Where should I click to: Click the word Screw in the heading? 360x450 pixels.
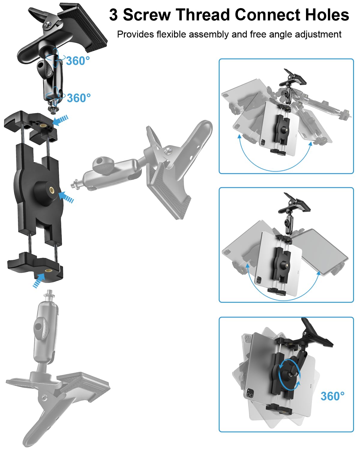coord(147,15)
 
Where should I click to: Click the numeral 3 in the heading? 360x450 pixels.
coord(113,15)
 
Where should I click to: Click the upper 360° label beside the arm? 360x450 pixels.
coord(78,61)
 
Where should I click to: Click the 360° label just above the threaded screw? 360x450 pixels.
coord(79,98)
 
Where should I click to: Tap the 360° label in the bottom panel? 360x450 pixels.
coord(333,396)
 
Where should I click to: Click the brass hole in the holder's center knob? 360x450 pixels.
coord(51,190)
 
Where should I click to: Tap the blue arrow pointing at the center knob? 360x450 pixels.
coord(66,197)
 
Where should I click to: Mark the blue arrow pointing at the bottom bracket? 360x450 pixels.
coord(39,280)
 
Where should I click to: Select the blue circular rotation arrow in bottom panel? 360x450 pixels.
coord(290,375)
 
